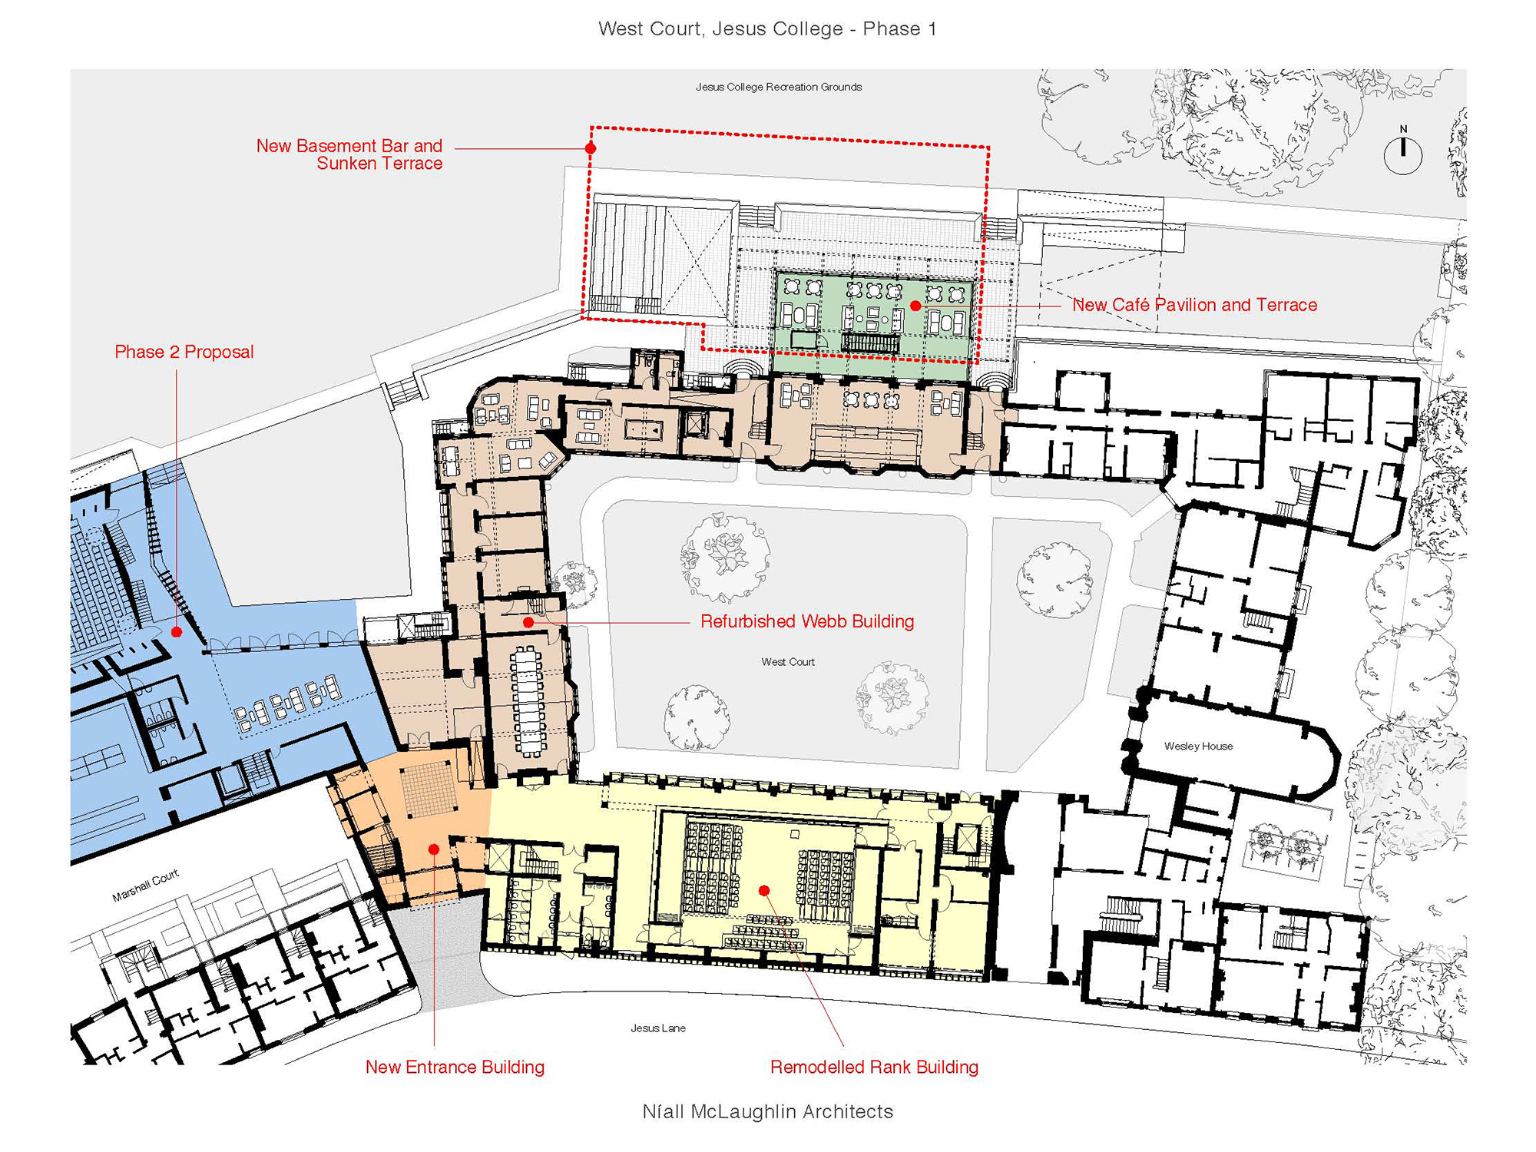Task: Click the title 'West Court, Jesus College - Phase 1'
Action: point(767,29)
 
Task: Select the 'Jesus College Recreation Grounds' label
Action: point(779,87)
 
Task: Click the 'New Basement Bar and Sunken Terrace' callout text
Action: point(349,154)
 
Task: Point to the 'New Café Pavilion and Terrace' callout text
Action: point(1194,305)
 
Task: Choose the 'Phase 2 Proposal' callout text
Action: point(184,352)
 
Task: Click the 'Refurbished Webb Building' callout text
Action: point(807,621)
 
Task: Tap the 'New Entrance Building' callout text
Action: point(455,1067)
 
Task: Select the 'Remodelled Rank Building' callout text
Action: point(874,1067)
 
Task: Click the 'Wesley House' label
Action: point(1198,746)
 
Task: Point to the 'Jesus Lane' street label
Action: point(658,1028)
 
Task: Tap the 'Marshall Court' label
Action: point(145,886)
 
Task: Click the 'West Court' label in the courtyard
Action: point(788,661)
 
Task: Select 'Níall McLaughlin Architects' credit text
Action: point(768,1111)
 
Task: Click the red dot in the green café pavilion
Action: point(915,306)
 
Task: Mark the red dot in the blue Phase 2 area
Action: point(177,632)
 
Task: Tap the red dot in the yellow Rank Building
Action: point(764,891)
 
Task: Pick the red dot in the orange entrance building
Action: point(434,849)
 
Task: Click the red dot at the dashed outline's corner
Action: point(591,148)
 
